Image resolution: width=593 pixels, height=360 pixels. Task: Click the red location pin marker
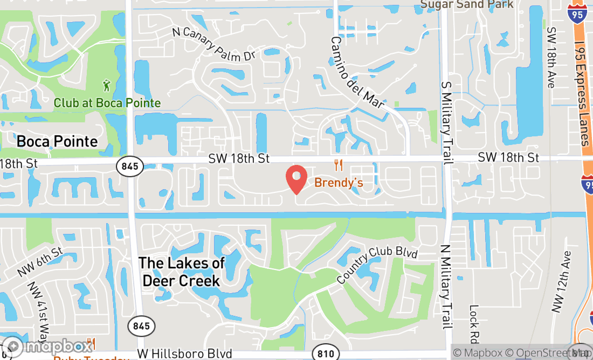(296, 179)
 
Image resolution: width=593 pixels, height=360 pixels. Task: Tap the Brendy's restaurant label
(339, 183)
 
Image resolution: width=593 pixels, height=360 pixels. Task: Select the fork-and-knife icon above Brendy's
(339, 165)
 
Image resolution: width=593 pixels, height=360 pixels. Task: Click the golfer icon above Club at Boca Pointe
(108, 85)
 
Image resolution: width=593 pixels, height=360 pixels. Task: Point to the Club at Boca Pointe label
(107, 102)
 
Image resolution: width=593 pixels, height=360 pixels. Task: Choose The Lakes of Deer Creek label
(181, 272)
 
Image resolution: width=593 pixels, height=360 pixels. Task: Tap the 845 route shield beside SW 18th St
(130, 167)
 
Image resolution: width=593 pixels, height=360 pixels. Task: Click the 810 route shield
(326, 354)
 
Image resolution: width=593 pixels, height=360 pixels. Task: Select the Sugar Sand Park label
(467, 5)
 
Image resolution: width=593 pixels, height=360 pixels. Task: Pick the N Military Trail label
(446, 287)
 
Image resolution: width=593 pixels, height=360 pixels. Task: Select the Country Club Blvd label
(377, 266)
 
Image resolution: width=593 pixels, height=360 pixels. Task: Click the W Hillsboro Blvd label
(184, 354)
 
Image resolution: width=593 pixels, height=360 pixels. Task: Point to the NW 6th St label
(40, 262)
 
